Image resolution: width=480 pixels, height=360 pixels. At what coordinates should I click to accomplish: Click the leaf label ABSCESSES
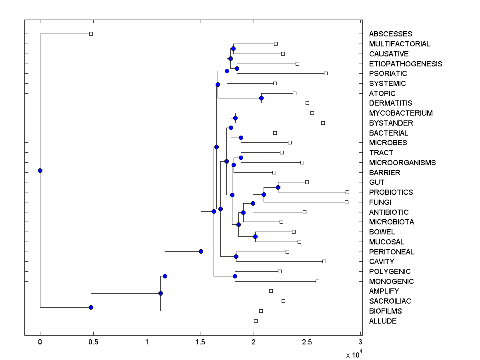390,34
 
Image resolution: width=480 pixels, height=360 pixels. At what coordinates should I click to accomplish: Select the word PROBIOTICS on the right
391,192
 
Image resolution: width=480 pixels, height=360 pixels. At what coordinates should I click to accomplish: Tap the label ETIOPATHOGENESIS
406,64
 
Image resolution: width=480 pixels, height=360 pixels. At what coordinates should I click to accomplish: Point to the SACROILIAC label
390,301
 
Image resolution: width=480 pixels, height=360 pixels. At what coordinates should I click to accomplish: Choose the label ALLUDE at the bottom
383,321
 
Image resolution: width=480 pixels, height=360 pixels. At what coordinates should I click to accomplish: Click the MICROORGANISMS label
402,163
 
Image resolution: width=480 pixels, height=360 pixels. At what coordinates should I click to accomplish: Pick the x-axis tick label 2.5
307,342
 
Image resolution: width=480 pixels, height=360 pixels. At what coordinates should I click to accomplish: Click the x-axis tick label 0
40,342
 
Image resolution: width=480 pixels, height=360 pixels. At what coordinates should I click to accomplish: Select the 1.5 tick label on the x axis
200,342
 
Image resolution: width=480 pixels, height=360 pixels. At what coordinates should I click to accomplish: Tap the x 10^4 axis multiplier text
354,354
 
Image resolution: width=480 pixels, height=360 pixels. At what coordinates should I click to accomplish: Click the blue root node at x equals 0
40,170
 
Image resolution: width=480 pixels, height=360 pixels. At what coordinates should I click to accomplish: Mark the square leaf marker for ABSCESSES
91,34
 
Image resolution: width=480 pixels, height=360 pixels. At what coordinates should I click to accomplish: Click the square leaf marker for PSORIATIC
326,73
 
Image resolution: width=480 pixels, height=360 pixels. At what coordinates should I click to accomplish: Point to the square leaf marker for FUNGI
346,202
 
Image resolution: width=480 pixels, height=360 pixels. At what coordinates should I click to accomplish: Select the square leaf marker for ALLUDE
256,321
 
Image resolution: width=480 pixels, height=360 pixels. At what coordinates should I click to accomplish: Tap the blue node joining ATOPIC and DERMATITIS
261,98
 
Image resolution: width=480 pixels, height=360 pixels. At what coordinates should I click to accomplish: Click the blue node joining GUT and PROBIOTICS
278,187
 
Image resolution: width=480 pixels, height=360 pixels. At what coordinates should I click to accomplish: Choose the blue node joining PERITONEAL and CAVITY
236,256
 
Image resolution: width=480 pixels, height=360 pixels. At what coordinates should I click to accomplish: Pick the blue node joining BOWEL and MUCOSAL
255,236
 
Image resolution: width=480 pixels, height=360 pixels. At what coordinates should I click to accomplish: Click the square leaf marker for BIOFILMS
261,311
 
